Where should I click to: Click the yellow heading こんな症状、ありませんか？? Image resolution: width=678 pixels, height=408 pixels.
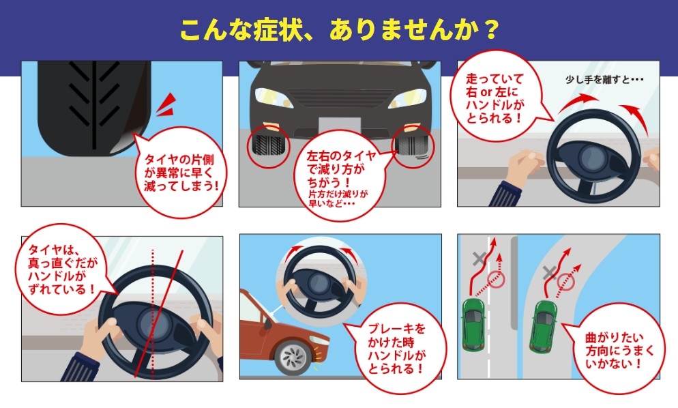pyautogui.click(x=339, y=29)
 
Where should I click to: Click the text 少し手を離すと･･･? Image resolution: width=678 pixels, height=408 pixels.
pyautogui.click(x=604, y=79)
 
